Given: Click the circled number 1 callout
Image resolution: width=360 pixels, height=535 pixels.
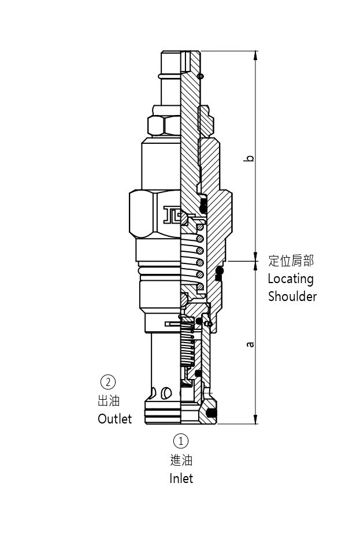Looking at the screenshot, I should point(181,441).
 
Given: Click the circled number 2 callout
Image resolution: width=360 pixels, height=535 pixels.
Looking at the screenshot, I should point(108,382).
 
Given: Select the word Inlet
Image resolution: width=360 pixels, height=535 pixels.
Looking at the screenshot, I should point(181,478).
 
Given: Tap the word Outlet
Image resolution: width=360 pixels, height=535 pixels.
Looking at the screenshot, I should point(114,419).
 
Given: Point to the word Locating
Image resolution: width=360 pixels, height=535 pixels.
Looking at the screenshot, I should point(290,278).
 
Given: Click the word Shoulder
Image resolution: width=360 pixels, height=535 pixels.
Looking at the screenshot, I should point(292,296).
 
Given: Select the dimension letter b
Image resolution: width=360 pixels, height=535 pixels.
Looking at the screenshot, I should point(250,158).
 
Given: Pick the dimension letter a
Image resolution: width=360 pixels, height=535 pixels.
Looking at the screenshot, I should point(250,344).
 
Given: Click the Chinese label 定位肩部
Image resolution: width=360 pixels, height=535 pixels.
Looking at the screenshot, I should point(291,261).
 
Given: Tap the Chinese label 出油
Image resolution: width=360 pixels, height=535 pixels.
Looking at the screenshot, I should point(108,400).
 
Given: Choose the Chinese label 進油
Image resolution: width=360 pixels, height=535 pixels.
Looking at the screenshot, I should point(181,460).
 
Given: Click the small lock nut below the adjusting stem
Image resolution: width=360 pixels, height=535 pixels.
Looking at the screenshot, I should point(164,124).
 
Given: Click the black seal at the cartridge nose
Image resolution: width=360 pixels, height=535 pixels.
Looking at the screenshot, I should point(211,413).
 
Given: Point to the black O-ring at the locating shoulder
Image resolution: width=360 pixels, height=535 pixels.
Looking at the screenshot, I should point(219,271).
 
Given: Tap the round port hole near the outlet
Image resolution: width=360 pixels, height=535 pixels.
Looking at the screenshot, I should point(167,393).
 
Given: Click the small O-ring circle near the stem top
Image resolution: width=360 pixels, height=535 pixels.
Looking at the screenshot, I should point(201,76).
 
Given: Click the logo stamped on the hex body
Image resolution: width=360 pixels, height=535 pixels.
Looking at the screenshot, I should point(173,215).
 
